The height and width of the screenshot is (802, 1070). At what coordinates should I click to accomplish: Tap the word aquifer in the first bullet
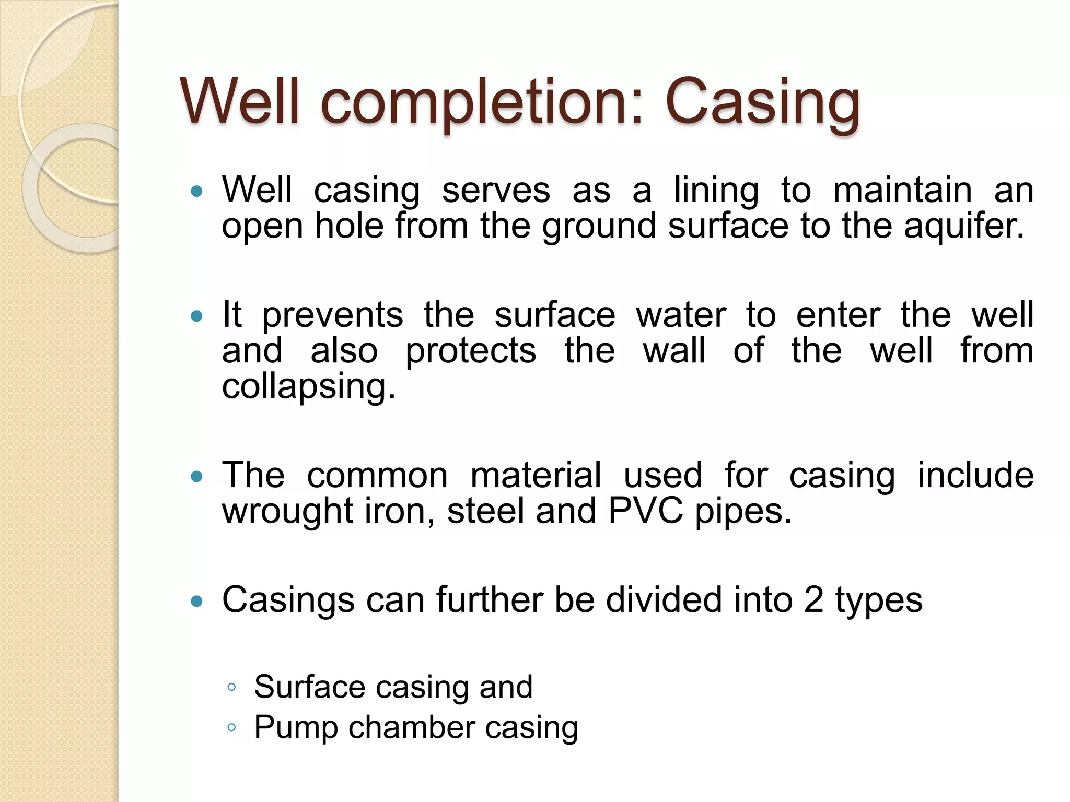point(964,226)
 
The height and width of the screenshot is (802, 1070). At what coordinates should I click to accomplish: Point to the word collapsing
point(308,387)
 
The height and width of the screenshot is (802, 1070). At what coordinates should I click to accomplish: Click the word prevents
point(332,315)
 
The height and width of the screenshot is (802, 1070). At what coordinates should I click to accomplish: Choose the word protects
point(471,351)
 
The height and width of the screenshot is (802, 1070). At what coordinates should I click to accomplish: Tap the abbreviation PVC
point(645,511)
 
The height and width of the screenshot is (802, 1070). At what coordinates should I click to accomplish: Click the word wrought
point(287,511)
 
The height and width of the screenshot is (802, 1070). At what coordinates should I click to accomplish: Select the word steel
point(485,511)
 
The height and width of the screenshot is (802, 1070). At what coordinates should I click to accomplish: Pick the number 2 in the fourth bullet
point(813,599)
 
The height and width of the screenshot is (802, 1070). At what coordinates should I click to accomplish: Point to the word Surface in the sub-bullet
point(309,687)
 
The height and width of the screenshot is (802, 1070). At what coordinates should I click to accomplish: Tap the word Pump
point(296,727)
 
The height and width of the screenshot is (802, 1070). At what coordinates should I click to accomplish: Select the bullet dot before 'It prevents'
point(197,316)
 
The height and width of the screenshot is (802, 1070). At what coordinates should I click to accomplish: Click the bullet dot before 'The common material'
point(197,476)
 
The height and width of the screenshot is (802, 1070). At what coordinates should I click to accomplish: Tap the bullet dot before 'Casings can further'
point(197,601)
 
